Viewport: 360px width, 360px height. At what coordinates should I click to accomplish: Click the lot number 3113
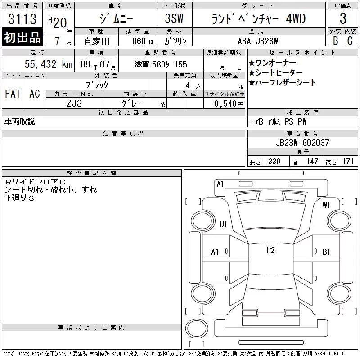click(22, 18)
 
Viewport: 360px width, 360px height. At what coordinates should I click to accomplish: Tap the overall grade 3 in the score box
click(343, 18)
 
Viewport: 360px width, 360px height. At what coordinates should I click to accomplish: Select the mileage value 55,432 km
click(49, 64)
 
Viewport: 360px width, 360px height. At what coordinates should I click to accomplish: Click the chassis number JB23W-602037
click(302, 143)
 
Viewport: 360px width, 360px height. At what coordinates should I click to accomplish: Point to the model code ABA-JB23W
click(257, 41)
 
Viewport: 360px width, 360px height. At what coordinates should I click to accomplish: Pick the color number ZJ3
click(74, 103)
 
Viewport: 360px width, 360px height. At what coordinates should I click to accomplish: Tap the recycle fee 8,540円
click(229, 103)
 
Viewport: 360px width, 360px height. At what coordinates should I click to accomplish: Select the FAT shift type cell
click(13, 94)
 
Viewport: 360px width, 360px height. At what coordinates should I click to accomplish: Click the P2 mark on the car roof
click(271, 250)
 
